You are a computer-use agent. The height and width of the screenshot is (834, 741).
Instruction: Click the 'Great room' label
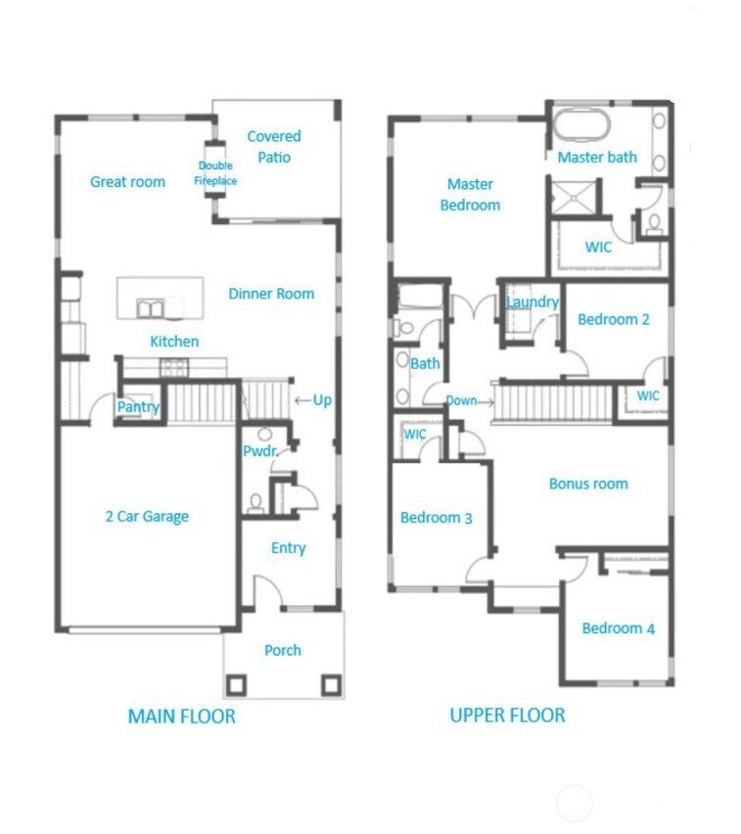tap(127, 182)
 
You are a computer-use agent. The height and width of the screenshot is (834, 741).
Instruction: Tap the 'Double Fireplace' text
tap(215, 173)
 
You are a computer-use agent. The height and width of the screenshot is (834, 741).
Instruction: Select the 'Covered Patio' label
tap(274, 147)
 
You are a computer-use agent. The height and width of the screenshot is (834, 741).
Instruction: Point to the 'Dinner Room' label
tap(271, 294)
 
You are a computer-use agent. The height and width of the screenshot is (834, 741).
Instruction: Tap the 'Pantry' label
tap(138, 407)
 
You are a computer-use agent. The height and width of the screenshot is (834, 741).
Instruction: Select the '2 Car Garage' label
tap(147, 517)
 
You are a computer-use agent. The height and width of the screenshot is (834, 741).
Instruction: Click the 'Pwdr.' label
tap(260, 451)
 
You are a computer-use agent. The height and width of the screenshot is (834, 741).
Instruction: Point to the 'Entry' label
tap(288, 548)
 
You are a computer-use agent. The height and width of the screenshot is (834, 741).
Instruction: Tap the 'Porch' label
tap(283, 650)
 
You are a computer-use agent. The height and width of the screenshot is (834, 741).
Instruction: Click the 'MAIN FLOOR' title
tap(182, 717)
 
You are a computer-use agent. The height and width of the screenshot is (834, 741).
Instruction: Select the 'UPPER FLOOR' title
tap(507, 716)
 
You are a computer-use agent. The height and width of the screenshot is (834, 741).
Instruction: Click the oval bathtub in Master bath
tap(581, 126)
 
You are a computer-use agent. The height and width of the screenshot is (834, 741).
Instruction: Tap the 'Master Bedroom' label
tap(470, 195)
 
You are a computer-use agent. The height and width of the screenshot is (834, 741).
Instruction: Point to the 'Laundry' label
tap(532, 302)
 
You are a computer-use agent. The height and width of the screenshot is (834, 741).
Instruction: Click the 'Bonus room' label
tap(588, 484)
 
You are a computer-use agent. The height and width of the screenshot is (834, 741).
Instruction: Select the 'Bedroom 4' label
tap(618, 628)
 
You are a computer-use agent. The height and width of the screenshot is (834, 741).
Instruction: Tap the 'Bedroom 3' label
tap(437, 517)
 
